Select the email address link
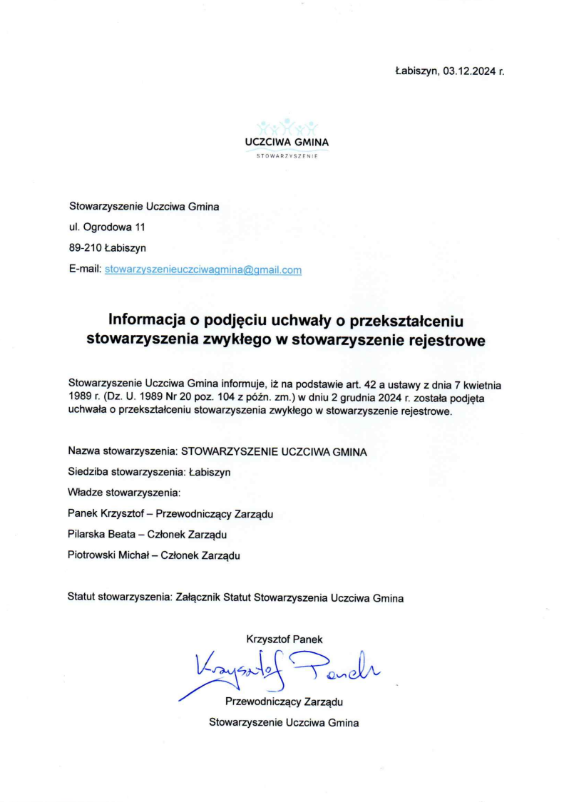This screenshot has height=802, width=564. tap(203, 270)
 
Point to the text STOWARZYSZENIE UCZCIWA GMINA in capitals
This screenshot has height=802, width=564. tap(275, 451)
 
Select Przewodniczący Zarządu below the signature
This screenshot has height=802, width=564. tap(284, 701)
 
